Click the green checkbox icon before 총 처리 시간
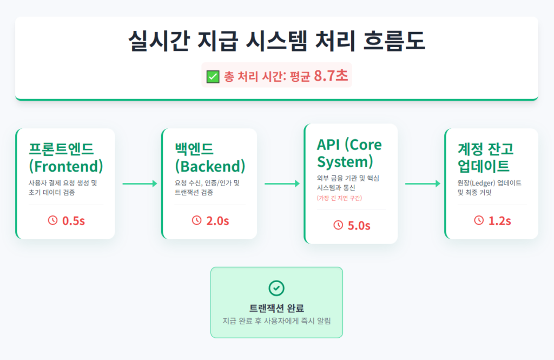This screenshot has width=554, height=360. (x=213, y=76)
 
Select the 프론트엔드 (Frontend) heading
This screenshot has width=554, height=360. (x=66, y=156)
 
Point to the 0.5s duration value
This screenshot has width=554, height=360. (x=73, y=220)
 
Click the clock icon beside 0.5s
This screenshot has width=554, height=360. (x=53, y=220)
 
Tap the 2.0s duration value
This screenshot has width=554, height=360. (x=217, y=220)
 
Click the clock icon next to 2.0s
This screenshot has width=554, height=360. (x=197, y=220)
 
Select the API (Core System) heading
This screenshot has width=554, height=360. (x=349, y=153)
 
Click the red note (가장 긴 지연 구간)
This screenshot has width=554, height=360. (x=339, y=198)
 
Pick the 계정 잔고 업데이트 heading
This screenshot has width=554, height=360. (x=486, y=156)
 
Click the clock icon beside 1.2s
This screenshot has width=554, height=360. (x=479, y=220)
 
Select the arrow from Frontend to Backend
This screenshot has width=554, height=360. (x=140, y=184)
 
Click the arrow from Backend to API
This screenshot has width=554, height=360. (x=281, y=184)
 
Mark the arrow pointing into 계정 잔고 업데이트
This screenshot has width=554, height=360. (x=423, y=184)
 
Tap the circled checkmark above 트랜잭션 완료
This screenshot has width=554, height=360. (x=276, y=288)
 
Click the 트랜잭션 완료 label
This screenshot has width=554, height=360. (x=276, y=309)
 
